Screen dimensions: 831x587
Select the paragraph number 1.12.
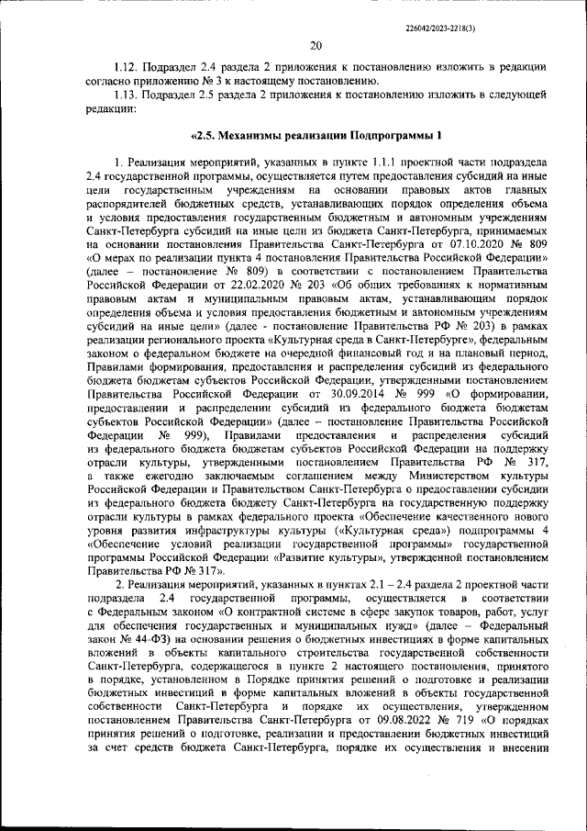(x=125, y=67)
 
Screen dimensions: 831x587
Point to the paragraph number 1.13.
(x=125, y=95)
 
